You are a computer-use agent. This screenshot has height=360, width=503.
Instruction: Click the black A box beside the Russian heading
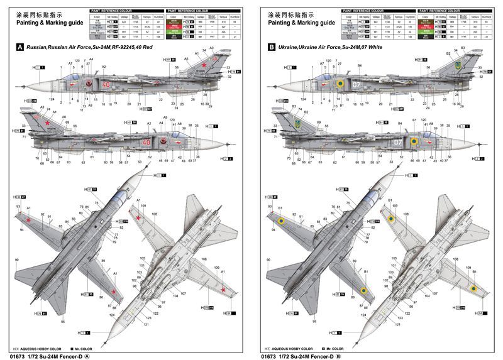20,47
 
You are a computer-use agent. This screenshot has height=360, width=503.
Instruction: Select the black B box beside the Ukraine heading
272,47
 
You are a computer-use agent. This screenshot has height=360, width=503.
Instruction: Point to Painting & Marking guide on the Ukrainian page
300,22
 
